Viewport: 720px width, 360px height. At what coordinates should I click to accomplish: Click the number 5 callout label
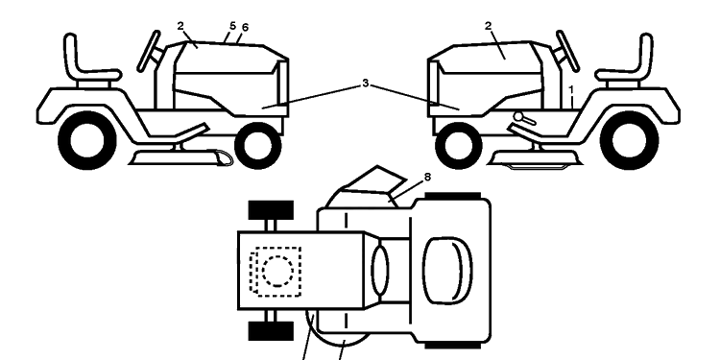tap(233, 26)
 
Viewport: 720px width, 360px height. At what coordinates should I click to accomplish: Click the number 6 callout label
tap(245, 28)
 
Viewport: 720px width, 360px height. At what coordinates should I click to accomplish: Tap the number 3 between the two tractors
tap(366, 84)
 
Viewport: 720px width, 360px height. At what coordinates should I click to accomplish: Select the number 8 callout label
tap(427, 177)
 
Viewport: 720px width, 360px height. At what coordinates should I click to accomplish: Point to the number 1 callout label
tap(571, 90)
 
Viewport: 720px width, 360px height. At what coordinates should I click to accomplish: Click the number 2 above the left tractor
tap(180, 26)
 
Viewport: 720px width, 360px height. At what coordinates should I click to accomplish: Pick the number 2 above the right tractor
tap(488, 26)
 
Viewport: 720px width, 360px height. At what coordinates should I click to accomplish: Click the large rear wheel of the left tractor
tap(87, 140)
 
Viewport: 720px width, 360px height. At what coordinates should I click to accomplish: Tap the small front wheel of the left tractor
tap(257, 146)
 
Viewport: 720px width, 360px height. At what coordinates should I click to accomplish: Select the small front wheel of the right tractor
tap(458, 146)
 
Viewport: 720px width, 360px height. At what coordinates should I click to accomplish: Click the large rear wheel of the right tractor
tap(629, 140)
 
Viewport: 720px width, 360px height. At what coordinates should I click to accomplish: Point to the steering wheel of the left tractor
tap(149, 51)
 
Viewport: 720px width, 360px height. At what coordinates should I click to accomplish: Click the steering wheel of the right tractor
tap(567, 51)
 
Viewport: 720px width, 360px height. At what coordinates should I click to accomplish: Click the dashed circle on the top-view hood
tap(277, 271)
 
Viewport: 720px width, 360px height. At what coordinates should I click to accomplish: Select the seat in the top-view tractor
tap(447, 271)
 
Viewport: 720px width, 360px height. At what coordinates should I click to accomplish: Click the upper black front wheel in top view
tap(271, 210)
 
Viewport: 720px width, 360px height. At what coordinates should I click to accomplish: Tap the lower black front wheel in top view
tap(271, 331)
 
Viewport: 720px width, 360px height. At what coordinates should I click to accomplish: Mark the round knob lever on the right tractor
tap(524, 118)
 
